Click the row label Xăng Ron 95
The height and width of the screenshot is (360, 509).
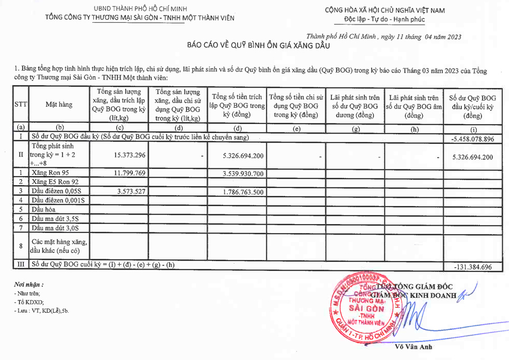coord(52,173)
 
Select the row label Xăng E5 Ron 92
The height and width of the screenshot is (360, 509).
coord(56,182)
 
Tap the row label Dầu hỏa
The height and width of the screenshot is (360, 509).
coord(44,209)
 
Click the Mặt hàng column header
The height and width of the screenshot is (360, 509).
coord(59,104)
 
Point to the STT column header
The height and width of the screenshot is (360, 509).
coord(20,104)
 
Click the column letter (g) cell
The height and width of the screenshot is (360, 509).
coord(356,128)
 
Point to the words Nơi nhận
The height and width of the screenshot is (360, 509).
coord(29,284)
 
